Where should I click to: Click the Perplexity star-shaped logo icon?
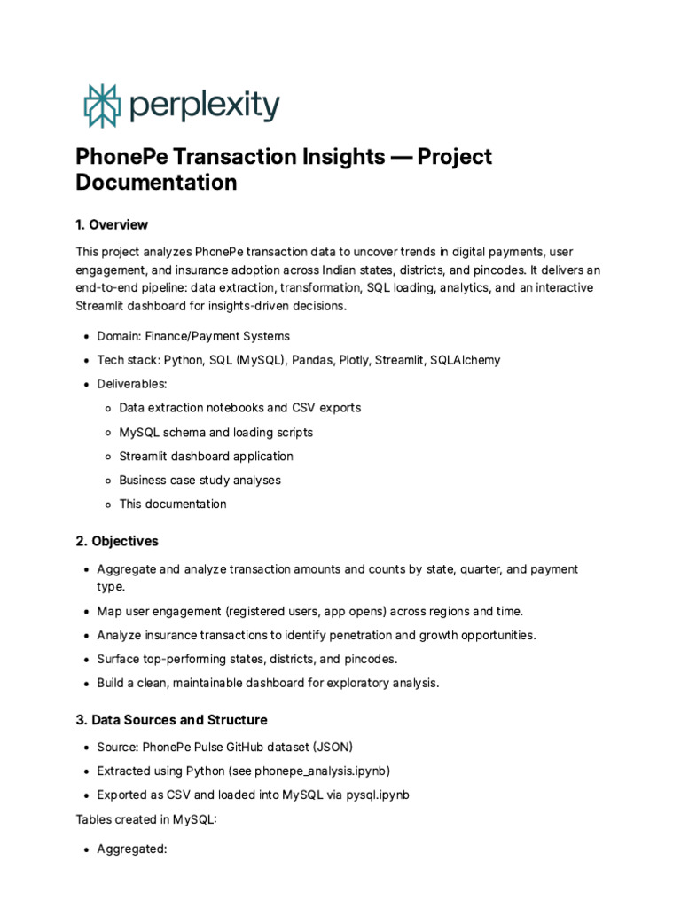click(x=101, y=106)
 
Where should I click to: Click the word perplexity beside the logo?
click(x=204, y=106)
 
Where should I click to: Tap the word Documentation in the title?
click(x=156, y=184)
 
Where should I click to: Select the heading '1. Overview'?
click(x=112, y=224)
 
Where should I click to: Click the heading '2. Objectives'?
click(x=117, y=541)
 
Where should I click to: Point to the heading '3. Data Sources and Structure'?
click(x=171, y=720)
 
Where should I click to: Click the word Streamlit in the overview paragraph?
click(x=103, y=307)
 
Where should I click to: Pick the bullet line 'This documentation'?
click(x=173, y=504)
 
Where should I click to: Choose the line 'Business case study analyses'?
click(x=200, y=480)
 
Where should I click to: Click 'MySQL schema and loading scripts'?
click(x=215, y=432)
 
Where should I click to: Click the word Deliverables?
click(x=131, y=384)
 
